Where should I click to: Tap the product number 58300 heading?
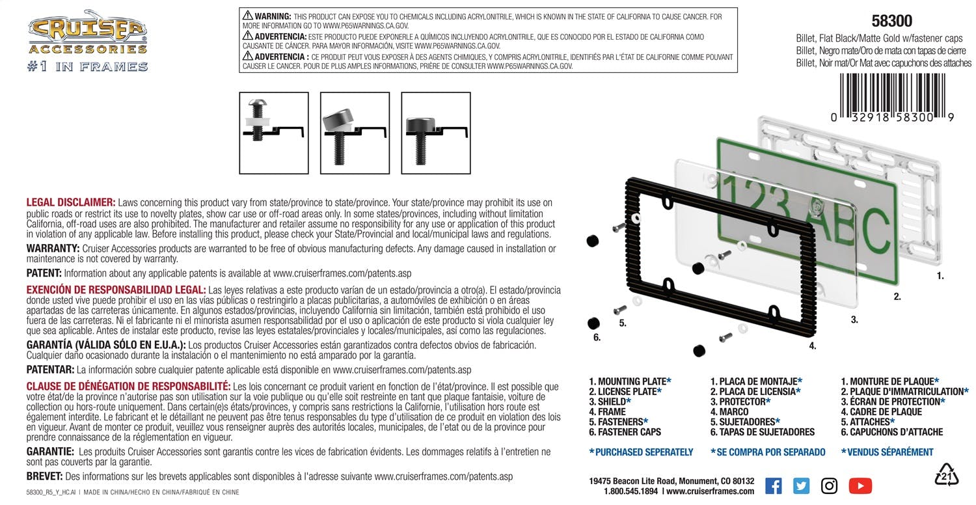[891, 21]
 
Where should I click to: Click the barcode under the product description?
[891, 95]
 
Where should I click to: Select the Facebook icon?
[773, 485]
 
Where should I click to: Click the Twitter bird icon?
[801, 485]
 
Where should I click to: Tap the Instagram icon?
[829, 485]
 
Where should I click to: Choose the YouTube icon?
[860, 485]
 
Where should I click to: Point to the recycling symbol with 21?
[946, 476]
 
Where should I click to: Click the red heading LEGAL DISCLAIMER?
[71, 202]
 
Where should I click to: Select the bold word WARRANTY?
[53, 249]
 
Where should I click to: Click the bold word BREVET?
[44, 476]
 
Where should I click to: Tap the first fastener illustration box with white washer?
[273, 133]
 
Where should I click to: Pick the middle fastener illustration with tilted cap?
[355, 133]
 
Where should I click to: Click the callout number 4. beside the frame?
[812, 346]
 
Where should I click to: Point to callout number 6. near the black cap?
[597, 338]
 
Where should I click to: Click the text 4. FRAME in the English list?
[607, 412]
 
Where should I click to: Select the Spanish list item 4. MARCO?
[729, 412]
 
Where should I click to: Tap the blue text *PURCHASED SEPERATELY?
[641, 452]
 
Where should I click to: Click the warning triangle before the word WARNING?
[247, 14]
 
